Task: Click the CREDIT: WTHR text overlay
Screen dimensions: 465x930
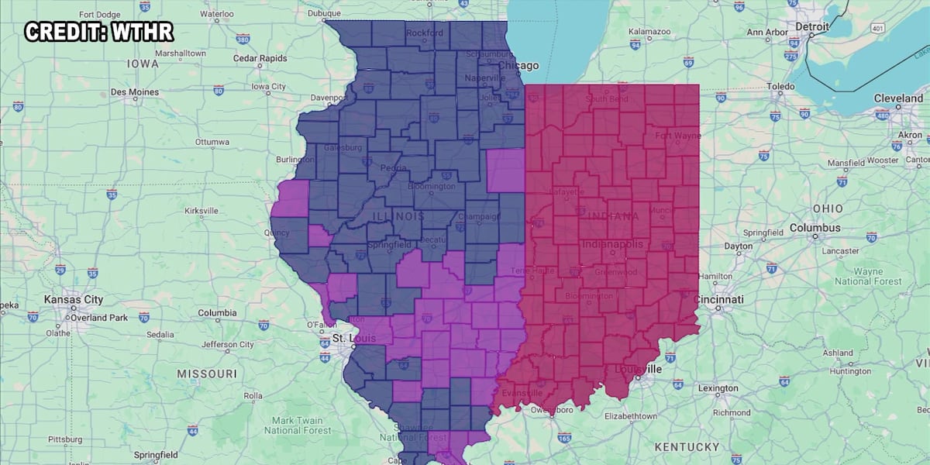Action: [x=98, y=33]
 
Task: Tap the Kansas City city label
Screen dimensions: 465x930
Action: [x=74, y=299]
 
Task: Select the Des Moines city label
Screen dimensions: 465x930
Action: [x=135, y=91]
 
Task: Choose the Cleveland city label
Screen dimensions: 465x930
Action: [x=898, y=98]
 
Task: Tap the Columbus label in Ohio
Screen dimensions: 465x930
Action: [x=815, y=228]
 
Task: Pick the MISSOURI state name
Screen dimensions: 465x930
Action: [x=206, y=374]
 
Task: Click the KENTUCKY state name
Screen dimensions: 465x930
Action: [x=687, y=446]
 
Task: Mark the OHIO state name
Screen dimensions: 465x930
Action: [x=828, y=209]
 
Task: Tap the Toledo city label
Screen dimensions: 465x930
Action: [x=781, y=86]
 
